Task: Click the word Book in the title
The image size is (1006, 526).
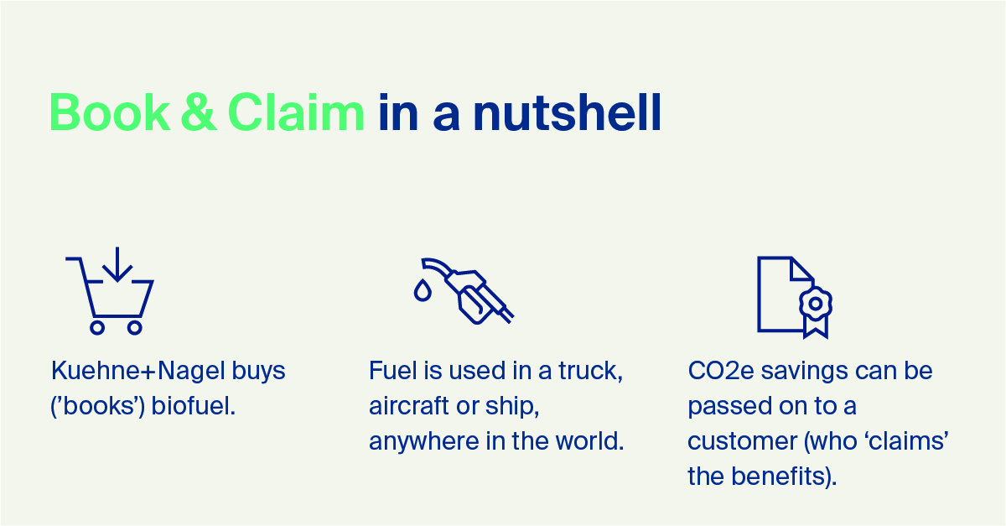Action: pos(110,112)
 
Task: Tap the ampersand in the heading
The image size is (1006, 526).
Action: pos(199,112)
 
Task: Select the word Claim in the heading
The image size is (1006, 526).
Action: pos(296,112)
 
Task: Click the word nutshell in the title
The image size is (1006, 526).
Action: pos(568,112)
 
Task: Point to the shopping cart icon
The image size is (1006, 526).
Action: pos(110,291)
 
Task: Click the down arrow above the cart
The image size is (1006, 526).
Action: pos(117,264)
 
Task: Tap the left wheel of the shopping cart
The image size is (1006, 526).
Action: pos(97,328)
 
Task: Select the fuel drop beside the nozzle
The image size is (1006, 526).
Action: pos(423,290)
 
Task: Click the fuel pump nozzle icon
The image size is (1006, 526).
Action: pos(467,290)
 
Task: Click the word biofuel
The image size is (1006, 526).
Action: pos(194,405)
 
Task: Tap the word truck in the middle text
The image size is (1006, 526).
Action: pos(591,372)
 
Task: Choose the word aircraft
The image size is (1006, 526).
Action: pos(409,405)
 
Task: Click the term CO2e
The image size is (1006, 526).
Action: pos(721,372)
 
